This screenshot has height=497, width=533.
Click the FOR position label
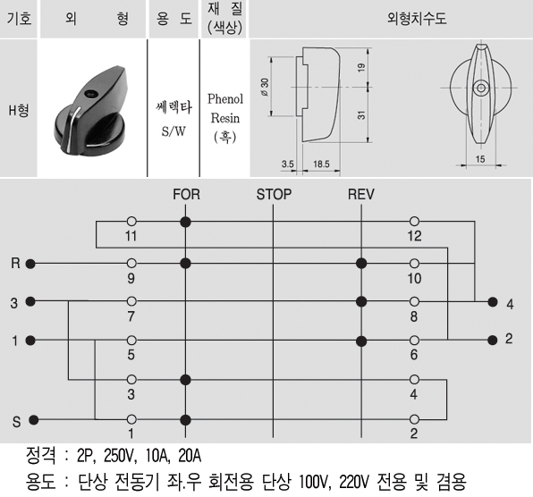point(186,194)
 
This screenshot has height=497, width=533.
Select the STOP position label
point(274,194)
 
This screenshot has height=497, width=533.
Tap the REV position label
point(361,194)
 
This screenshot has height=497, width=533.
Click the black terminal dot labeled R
point(30,264)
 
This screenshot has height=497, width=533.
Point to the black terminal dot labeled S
point(33,420)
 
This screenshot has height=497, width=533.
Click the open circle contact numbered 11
point(131,222)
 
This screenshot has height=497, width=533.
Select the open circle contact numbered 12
point(414,222)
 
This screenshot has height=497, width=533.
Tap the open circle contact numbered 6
point(414,340)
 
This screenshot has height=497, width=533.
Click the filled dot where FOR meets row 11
point(185,223)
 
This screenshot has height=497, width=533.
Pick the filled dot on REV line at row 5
point(361,341)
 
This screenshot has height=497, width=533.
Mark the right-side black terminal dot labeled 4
point(493,301)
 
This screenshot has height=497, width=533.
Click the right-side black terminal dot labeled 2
point(493,340)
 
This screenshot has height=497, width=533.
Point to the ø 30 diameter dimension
point(265,87)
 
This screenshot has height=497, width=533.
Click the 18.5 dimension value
point(321,164)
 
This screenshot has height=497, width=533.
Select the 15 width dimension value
point(480,158)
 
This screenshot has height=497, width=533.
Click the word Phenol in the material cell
point(225,99)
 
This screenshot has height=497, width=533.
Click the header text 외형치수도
point(417,18)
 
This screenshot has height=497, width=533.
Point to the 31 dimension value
point(361,114)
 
